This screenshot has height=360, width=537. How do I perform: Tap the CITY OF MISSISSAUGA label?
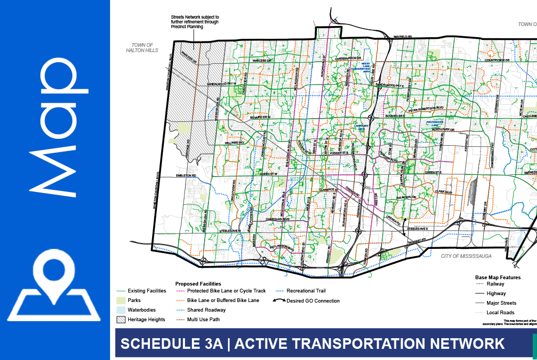click(466, 256)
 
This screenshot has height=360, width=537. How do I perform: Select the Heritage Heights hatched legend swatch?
click(121, 320)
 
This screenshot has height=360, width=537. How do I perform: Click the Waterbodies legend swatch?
click(121, 310)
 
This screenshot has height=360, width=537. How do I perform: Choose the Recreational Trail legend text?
click(306, 291)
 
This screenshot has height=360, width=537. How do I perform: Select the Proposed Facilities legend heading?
click(198, 284)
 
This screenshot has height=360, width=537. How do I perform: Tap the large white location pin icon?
click(54, 277)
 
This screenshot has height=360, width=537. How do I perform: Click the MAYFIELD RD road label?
click(403, 37)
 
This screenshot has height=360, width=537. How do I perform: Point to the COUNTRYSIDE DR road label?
click(497, 61)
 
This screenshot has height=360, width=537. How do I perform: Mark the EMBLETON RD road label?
click(187, 175)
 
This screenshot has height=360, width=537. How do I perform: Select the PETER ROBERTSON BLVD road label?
click(426, 108)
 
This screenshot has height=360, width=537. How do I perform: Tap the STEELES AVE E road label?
click(418, 229)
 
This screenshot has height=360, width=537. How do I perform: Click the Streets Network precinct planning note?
click(195, 22)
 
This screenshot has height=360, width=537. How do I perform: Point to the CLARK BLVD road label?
click(443, 192)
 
